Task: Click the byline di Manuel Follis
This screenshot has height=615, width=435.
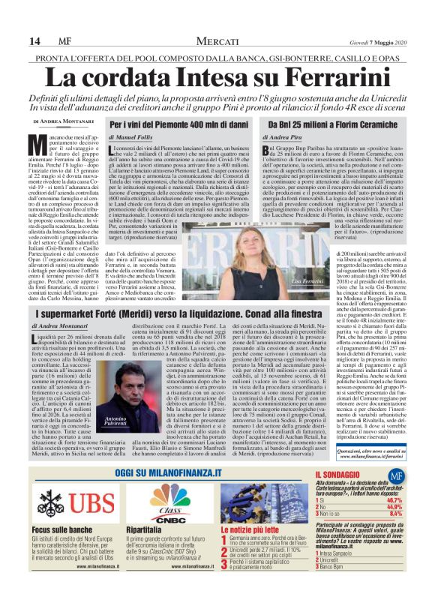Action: [133, 138]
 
